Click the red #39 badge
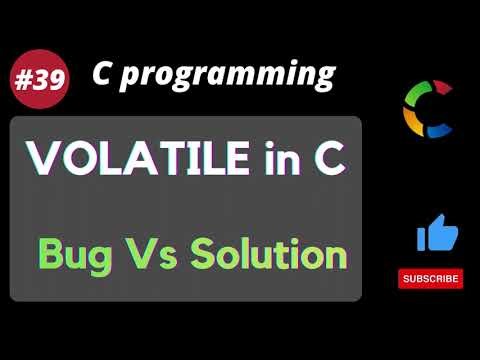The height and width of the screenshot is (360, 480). click(x=41, y=81)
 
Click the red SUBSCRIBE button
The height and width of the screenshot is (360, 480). click(x=430, y=278)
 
